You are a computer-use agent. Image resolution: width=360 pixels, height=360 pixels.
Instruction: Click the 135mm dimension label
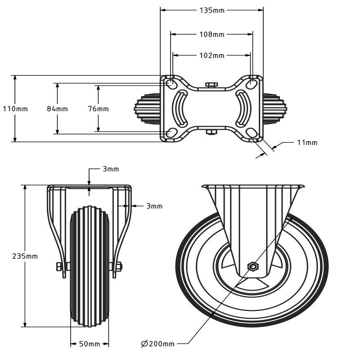(x=212, y=10)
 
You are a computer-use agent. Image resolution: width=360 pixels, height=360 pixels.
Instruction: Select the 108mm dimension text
(x=212, y=34)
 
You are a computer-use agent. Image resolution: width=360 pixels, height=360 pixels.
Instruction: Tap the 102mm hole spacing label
(x=212, y=56)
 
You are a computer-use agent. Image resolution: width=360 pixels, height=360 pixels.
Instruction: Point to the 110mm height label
(x=15, y=109)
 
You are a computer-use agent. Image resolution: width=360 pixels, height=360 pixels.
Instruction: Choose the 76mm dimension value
(x=98, y=109)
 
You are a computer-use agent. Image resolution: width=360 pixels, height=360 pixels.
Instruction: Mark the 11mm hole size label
(x=307, y=143)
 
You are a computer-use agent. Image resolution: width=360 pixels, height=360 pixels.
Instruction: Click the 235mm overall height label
(x=25, y=256)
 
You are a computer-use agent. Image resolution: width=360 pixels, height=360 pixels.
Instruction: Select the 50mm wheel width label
(x=90, y=344)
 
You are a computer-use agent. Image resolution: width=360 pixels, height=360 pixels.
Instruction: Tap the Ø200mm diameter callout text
(x=158, y=344)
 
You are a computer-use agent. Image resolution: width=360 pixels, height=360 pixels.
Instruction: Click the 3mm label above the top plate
(x=111, y=169)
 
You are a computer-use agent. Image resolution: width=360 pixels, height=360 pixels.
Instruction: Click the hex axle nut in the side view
(x=252, y=267)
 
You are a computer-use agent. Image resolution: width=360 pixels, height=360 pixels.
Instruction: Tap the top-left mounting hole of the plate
(x=171, y=84)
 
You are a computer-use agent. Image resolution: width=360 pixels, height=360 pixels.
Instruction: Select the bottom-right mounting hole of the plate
(x=252, y=133)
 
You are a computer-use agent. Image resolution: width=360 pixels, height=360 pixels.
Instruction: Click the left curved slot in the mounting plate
(x=181, y=108)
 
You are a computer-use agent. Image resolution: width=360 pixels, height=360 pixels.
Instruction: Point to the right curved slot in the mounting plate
(x=243, y=108)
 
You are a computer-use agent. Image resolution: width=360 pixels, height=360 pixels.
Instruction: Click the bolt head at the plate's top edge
(x=211, y=84)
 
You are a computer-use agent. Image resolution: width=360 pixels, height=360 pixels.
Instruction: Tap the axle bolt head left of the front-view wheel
(x=59, y=266)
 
